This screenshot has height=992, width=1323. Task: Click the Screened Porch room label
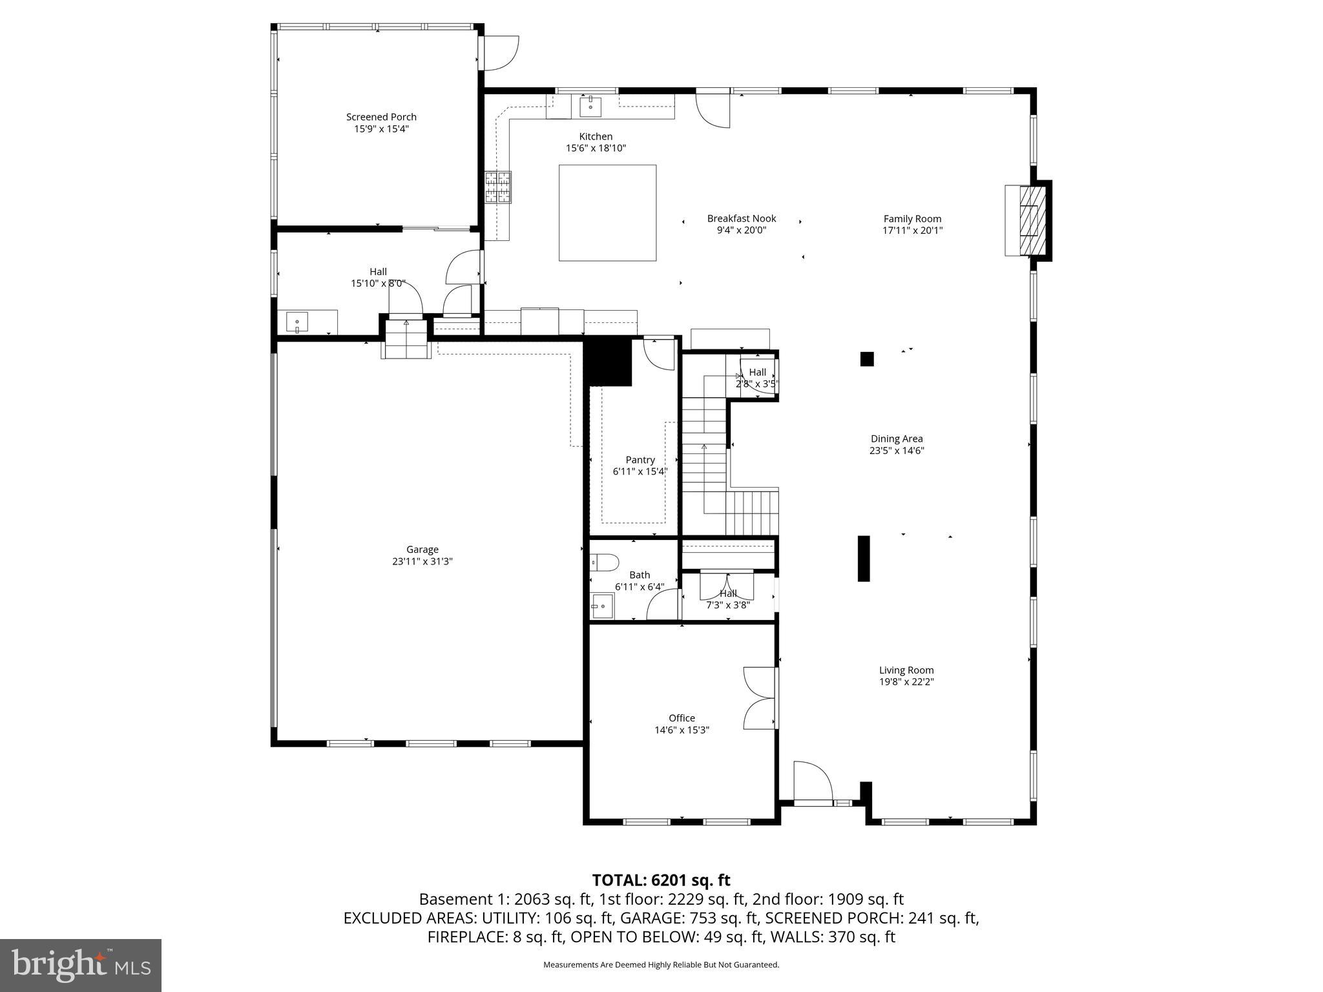(381, 117)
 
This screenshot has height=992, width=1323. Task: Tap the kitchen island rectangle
(607, 212)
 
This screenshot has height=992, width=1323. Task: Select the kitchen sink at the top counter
(590, 107)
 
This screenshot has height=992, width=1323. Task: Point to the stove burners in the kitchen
(498, 187)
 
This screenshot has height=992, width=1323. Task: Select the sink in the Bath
(602, 606)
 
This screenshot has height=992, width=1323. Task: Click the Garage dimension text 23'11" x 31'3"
(422, 562)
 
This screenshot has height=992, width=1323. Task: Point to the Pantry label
(640, 460)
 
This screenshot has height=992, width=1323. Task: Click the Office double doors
(759, 698)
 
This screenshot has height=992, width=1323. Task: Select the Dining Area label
(896, 439)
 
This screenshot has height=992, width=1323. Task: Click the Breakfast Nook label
(741, 219)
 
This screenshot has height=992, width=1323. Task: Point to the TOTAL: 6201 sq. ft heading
(661, 880)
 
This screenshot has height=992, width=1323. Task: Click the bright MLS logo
(81, 965)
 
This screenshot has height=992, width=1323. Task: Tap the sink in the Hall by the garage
(297, 322)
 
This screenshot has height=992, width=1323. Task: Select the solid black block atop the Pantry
(607, 362)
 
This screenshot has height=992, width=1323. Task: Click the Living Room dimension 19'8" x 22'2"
(906, 682)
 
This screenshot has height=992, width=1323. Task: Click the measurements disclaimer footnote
(661, 965)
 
